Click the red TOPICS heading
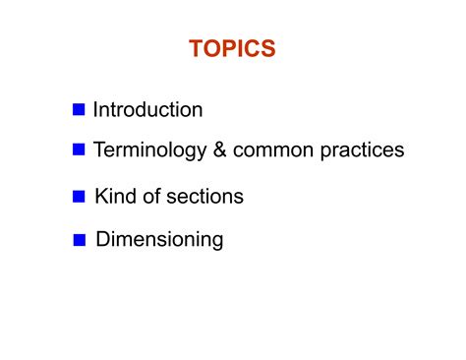[232, 49]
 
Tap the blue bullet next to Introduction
[80, 109]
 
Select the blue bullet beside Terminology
[80, 150]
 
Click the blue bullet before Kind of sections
[80, 197]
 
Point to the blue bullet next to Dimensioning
[81, 239]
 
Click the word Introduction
[147, 109]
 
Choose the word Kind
[115, 197]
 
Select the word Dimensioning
[159, 239]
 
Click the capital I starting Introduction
[95, 109]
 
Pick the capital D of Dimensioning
[102, 239]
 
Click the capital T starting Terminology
[99, 150]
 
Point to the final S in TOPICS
[267, 49]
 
